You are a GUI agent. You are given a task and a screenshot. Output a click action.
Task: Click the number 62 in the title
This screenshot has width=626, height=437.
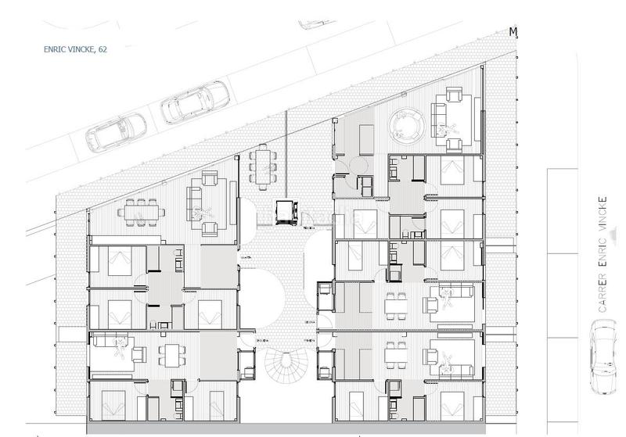point(103,48)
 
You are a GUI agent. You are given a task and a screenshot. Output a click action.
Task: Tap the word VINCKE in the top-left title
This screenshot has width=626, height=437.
point(81,48)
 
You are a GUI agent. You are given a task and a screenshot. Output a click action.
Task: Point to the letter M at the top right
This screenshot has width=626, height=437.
point(513,32)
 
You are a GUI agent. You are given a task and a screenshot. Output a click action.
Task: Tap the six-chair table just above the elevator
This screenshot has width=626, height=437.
point(263,163)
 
